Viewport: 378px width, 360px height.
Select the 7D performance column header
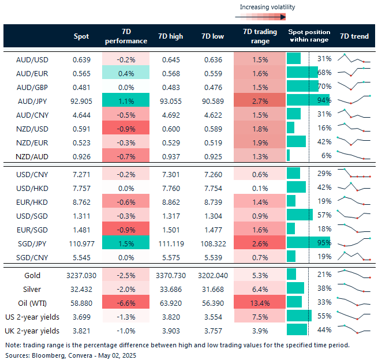(125, 36)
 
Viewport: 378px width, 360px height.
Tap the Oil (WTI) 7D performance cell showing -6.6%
(125, 303)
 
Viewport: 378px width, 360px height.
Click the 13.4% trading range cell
(260, 303)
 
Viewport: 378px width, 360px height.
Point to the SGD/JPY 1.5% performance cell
(125, 242)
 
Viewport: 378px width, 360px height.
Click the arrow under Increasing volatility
(267, 17)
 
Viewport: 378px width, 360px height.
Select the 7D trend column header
(354, 36)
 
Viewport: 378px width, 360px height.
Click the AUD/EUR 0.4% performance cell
(125, 72)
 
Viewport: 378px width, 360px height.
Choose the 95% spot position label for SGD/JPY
(324, 242)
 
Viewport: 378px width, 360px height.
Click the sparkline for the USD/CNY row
(354, 173)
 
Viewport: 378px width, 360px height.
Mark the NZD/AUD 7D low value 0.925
(213, 155)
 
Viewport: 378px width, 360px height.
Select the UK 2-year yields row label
(32, 331)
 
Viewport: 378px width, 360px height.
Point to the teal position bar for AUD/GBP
(302, 86)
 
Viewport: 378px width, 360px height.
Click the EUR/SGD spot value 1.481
(81, 228)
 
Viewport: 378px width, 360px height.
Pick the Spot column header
(81, 36)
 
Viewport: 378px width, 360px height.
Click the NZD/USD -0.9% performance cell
(125, 127)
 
